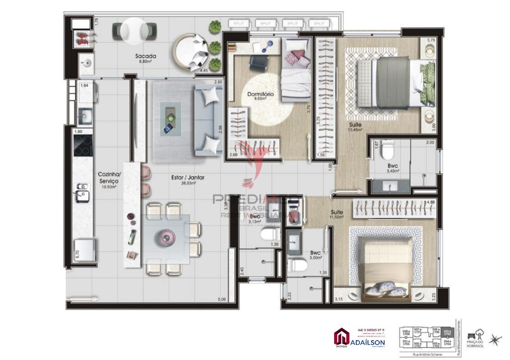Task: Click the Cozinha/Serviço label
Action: (x=108, y=179)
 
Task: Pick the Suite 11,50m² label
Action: (x=337, y=214)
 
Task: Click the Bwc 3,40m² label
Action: (x=392, y=168)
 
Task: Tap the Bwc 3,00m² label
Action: (x=315, y=255)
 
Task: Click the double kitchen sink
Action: (x=82, y=191)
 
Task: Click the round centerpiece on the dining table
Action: (x=165, y=237)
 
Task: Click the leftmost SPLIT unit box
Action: (x=239, y=23)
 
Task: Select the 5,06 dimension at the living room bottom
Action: (x=222, y=299)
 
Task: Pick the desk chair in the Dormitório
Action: (x=258, y=63)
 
